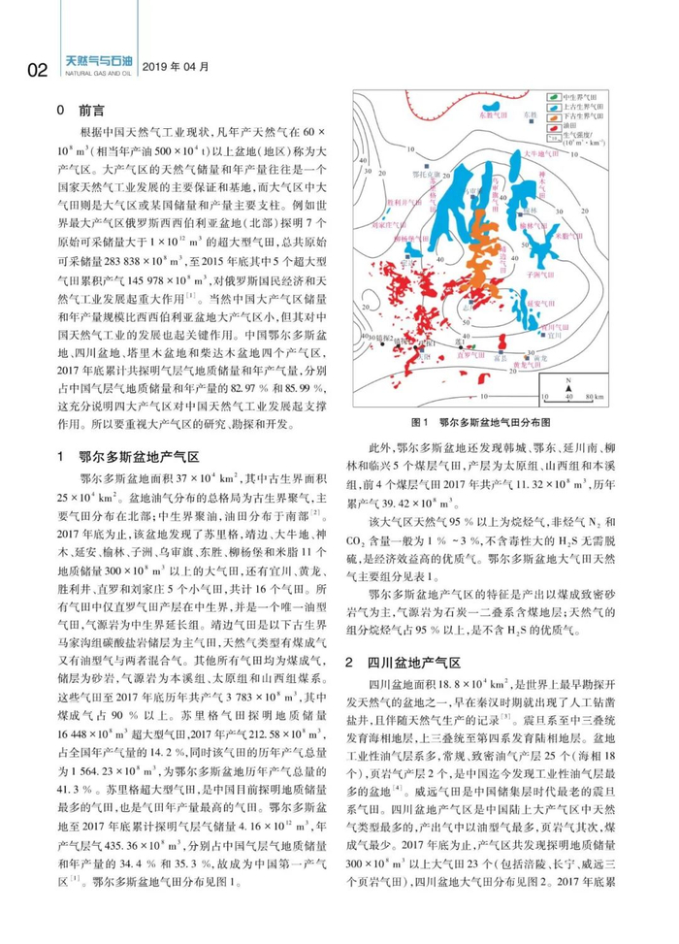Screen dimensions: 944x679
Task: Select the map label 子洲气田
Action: coord(565,277)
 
